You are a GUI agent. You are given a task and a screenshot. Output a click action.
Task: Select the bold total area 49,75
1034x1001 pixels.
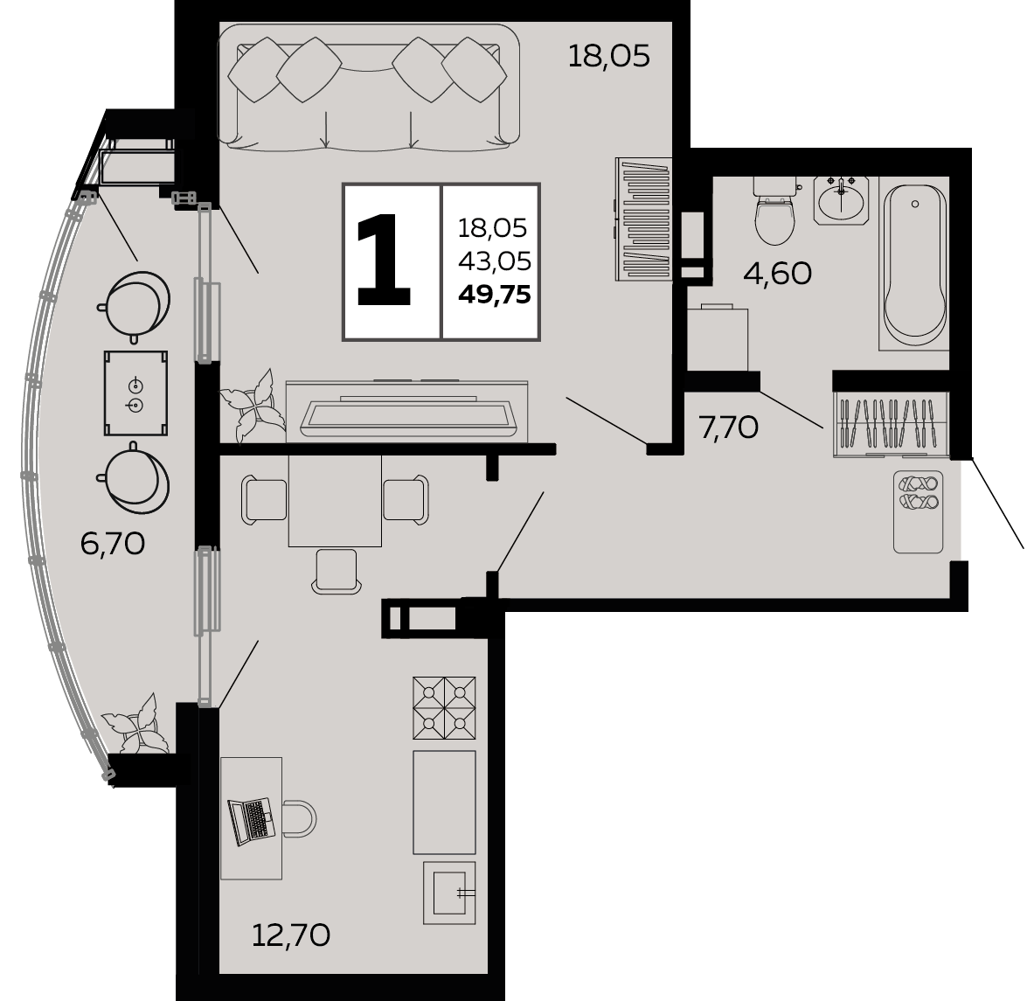(495, 295)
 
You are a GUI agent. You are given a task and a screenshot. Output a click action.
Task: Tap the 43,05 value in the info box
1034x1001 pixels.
(495, 261)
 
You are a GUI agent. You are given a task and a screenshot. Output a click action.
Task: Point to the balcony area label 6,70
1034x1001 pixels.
(112, 544)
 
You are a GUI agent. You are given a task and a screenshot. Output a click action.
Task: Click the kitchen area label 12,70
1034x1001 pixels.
(291, 935)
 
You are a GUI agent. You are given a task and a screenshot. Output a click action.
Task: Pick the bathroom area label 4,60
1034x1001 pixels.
(777, 273)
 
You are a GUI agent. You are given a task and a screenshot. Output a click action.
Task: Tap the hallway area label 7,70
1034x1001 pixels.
(729, 428)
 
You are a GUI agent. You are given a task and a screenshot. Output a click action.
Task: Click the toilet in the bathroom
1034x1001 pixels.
(774, 211)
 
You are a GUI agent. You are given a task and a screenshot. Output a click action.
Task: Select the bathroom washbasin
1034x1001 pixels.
(841, 200)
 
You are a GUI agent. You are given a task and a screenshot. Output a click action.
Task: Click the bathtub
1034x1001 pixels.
(914, 265)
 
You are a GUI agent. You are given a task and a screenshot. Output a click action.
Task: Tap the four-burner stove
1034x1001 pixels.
(445, 707)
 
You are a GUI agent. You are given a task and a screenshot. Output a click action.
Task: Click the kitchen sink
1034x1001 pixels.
(449, 893)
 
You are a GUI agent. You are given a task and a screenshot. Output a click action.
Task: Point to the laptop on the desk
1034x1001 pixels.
(251, 821)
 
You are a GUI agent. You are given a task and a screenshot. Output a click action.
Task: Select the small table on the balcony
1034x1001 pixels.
(135, 393)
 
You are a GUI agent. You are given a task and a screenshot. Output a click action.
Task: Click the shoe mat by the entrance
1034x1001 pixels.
(918, 511)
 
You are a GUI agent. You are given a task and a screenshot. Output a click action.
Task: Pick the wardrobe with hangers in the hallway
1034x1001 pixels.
(891, 424)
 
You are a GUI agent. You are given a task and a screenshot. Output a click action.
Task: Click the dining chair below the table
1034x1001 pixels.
(337, 571)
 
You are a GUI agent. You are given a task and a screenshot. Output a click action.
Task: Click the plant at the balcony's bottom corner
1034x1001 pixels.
(135, 723)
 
